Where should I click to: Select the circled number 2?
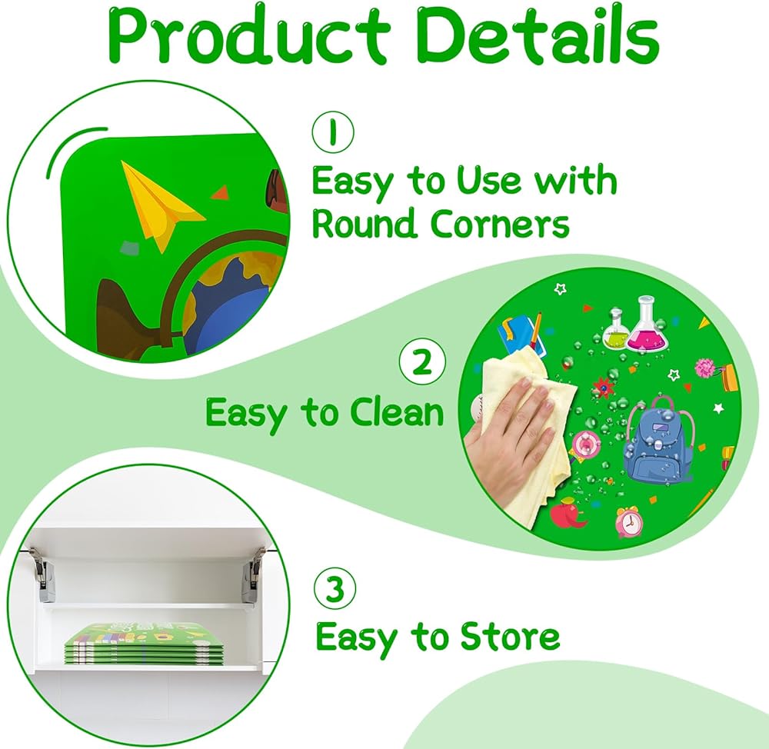click(x=422, y=362)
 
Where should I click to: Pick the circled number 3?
click(x=335, y=588)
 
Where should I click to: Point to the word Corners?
click(x=500, y=224)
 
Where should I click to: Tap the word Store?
click(x=510, y=636)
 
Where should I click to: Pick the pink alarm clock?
click(x=628, y=522)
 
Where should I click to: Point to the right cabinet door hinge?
click(x=255, y=572)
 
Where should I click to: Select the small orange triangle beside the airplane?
click(x=220, y=192)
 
